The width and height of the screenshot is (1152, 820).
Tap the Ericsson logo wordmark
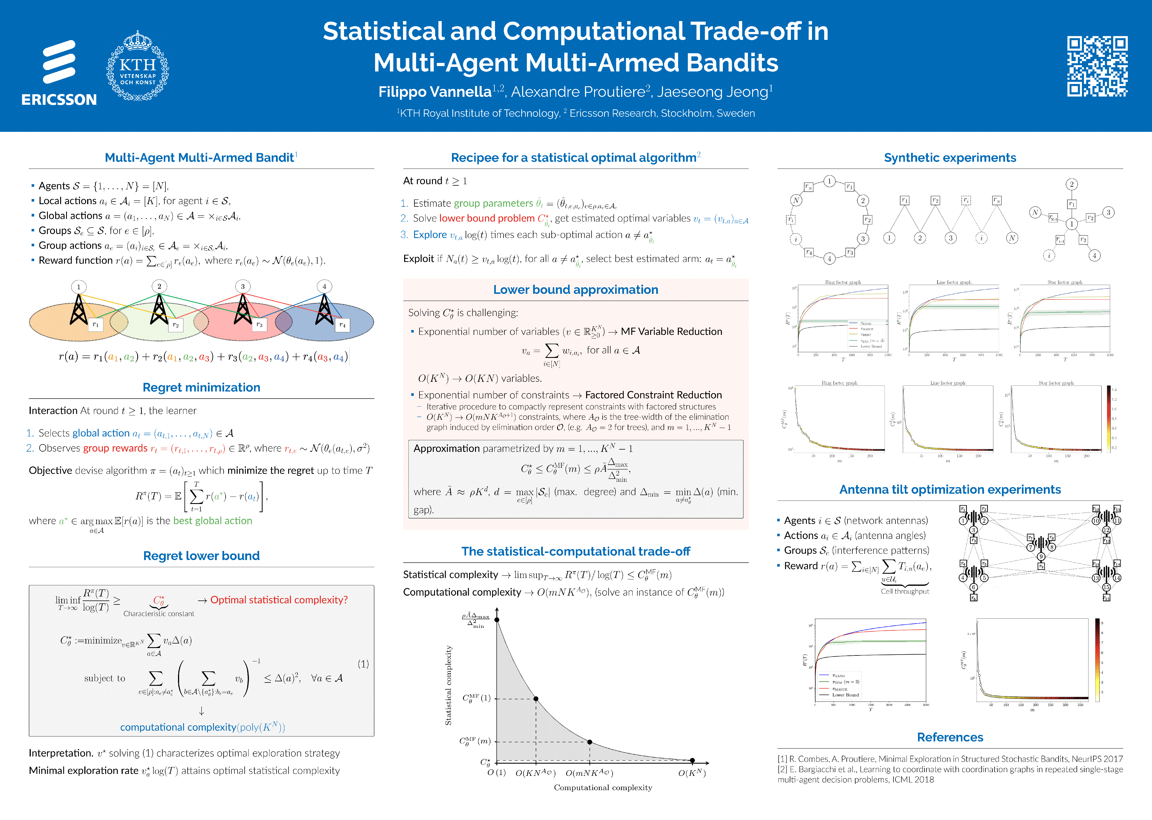59,99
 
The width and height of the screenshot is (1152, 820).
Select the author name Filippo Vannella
434,92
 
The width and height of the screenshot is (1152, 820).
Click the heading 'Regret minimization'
201,387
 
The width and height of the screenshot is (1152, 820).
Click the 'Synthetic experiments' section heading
950,157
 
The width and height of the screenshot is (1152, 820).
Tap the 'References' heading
950,737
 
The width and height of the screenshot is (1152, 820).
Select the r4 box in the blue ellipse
342,325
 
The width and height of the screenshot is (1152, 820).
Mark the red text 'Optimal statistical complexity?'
279,600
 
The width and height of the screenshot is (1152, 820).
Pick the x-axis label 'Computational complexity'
603,788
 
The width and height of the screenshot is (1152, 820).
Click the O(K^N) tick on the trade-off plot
691,773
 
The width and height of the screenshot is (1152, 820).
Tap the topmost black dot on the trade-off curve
497,620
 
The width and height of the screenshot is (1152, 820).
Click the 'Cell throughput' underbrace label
905,591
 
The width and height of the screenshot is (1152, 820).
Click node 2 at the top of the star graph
1071,184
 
